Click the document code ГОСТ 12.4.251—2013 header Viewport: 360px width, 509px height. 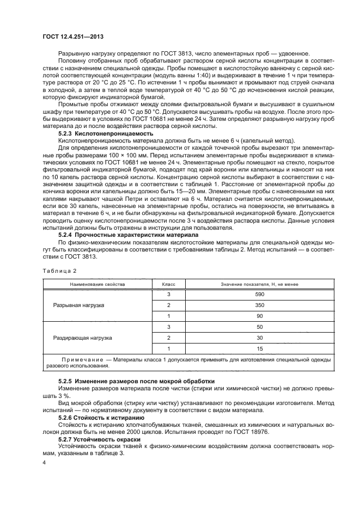point(73,36)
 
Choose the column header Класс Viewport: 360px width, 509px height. point(169,284)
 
